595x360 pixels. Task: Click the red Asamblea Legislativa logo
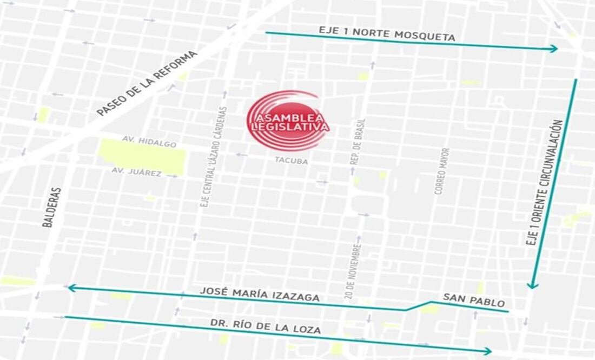tap(287, 121)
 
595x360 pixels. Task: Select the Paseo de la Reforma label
tap(147, 84)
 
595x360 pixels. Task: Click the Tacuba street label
tap(291, 161)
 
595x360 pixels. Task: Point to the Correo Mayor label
tap(442, 171)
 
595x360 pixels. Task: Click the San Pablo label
tap(473, 300)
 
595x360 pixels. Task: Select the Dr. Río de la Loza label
tap(266, 326)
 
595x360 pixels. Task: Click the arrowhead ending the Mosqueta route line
tap(553, 49)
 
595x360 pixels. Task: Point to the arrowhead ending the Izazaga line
tap(71, 288)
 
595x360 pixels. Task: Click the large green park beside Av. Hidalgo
tap(143, 156)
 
